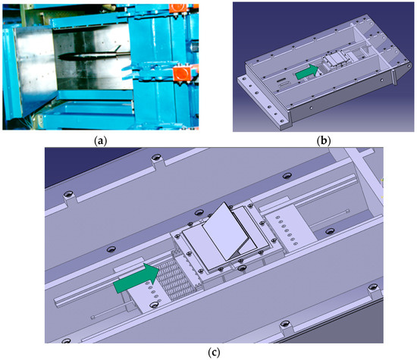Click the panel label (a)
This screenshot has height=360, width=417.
coord(101,141)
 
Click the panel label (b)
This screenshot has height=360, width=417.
coord(324,141)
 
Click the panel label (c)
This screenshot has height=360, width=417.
coord(214,352)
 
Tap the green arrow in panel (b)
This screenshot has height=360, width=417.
coord(306,72)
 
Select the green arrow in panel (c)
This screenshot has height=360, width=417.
coord(136,278)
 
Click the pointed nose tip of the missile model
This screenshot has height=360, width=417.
coord(58,56)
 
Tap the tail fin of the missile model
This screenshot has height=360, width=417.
coord(117,49)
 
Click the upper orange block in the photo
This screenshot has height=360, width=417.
coord(177,8)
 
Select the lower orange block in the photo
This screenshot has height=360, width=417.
coord(182,74)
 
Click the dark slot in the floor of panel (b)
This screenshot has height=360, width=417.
coord(281,80)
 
